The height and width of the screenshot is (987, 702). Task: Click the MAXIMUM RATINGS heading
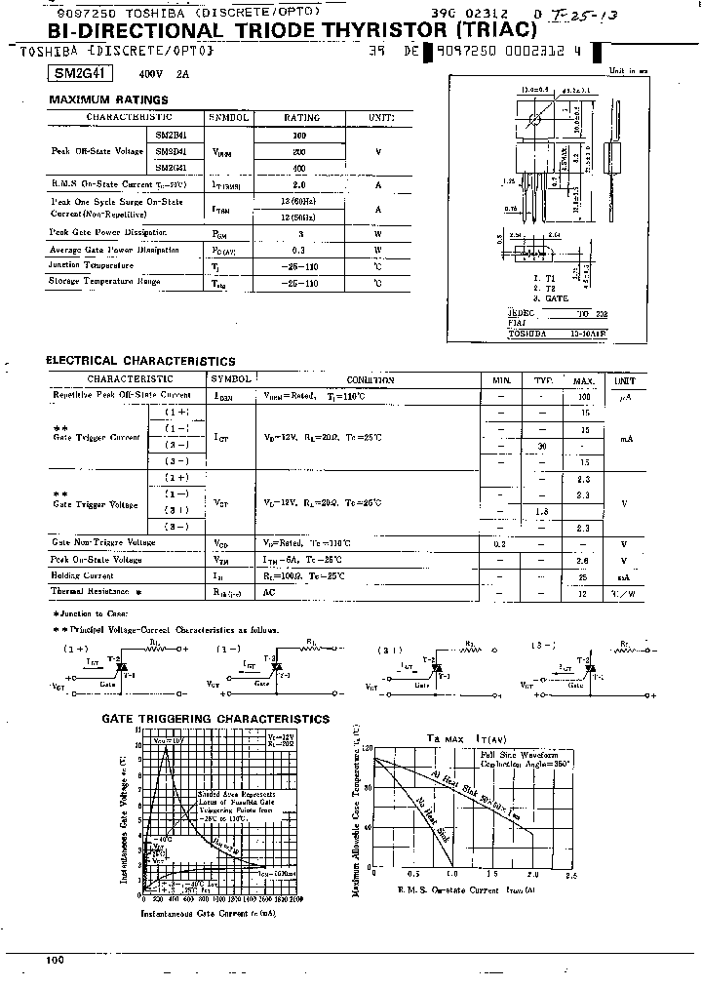(x=108, y=99)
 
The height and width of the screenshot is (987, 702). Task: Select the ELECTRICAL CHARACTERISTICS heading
(x=140, y=361)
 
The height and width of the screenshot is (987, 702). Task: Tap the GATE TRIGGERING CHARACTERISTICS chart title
(x=216, y=719)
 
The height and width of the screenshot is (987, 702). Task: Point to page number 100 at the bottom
(x=56, y=961)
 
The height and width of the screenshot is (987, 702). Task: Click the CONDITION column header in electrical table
(x=370, y=379)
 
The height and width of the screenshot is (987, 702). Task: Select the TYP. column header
(x=543, y=379)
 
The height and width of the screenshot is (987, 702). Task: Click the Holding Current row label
(x=83, y=576)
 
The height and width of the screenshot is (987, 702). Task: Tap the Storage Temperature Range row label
(x=104, y=282)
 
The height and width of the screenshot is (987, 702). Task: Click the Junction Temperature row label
(x=92, y=265)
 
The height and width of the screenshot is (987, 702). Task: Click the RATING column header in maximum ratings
(x=301, y=117)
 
